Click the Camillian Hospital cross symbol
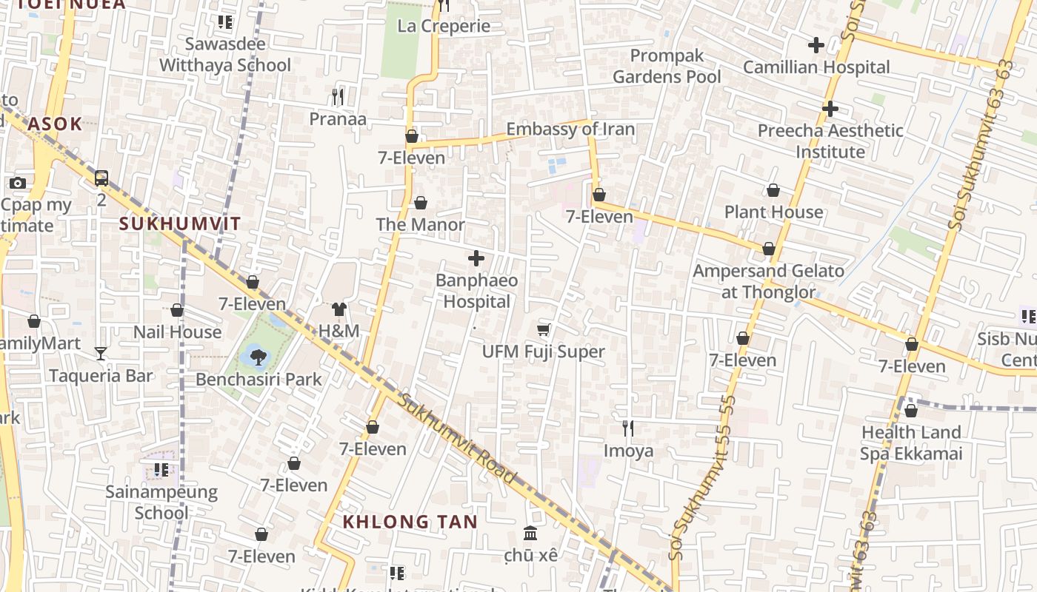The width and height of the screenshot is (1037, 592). (816, 45)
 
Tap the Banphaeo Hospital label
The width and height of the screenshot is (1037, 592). (476, 291)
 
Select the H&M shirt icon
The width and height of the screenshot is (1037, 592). (339, 309)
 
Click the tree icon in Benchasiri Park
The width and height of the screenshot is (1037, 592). (258, 357)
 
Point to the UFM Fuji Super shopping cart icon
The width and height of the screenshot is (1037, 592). (544, 329)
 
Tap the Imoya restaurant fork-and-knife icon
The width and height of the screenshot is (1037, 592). (628, 428)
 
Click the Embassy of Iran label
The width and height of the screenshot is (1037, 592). (570, 129)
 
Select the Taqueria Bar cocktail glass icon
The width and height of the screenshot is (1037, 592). (101, 354)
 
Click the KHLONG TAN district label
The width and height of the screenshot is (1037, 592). (410, 522)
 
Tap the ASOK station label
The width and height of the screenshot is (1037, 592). (55, 124)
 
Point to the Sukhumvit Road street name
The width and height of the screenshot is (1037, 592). (457, 440)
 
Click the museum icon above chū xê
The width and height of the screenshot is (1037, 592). (530, 533)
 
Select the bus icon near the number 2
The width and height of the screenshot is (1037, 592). (101, 178)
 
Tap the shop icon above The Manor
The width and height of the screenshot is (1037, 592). (421, 203)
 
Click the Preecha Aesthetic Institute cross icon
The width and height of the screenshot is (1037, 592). (830, 109)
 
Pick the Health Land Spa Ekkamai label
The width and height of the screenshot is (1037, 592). (910, 443)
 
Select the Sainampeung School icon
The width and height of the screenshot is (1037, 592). (161, 469)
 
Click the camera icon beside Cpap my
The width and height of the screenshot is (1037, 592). (18, 183)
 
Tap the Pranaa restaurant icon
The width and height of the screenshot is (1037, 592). (338, 96)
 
